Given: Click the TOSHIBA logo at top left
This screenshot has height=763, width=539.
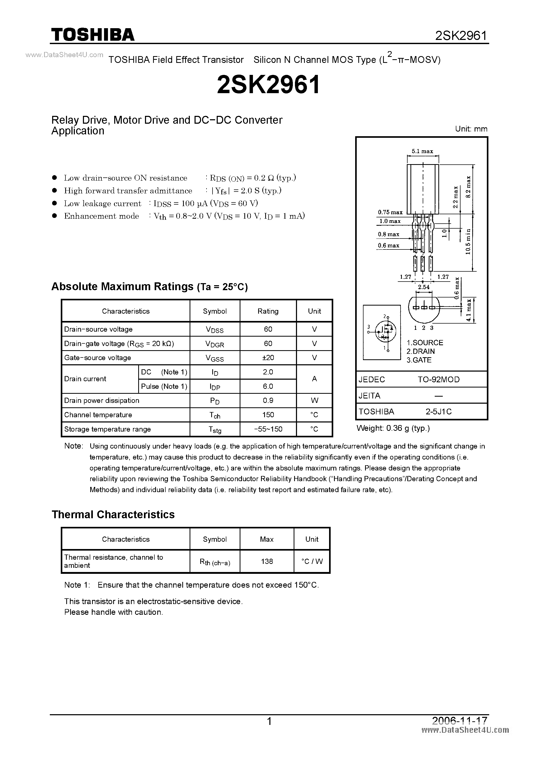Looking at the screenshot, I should click(93, 34).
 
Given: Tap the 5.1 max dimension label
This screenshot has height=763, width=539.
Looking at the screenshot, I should click(422, 151).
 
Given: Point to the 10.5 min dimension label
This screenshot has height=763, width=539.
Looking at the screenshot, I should click(468, 242).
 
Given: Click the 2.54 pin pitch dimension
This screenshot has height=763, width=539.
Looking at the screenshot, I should click(424, 287).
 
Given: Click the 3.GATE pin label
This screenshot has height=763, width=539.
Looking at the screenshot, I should click(419, 360).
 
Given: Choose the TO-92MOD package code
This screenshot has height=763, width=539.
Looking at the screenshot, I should click(438, 379).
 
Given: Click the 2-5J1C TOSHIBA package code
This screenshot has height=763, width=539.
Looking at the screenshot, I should click(438, 412).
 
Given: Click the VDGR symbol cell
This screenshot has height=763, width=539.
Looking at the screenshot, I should click(215, 344).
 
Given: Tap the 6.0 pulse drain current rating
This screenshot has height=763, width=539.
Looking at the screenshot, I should click(268, 386).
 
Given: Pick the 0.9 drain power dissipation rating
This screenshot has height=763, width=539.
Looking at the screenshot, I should click(268, 401).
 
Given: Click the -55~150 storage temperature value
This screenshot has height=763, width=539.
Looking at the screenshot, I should click(268, 429).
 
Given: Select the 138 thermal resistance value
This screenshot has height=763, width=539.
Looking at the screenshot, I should click(267, 561).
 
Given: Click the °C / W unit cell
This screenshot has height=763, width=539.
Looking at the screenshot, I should click(312, 561).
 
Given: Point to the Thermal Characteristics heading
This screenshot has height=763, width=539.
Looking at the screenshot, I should click(113, 514).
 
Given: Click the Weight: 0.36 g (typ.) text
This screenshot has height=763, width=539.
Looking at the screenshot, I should click(393, 428).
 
